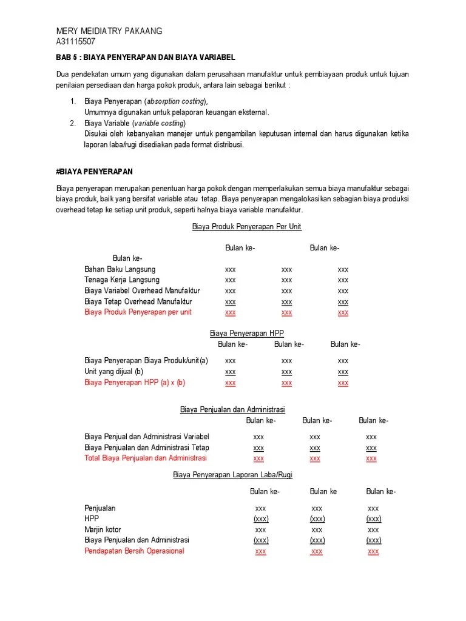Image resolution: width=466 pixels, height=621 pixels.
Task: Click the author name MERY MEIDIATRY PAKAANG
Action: tap(109, 32)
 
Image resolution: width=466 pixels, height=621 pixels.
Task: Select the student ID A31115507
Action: tap(75, 42)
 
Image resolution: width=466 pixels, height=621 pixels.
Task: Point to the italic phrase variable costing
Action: tap(156, 123)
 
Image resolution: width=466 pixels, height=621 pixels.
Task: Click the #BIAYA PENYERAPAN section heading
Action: tap(94, 172)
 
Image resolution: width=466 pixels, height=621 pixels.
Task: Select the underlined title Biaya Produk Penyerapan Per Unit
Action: tap(246, 227)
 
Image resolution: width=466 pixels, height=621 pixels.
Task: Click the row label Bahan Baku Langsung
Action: tap(120, 269)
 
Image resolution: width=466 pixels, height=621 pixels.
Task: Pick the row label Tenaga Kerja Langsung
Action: tap(122, 280)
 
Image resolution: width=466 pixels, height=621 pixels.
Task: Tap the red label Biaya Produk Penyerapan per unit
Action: tap(138, 312)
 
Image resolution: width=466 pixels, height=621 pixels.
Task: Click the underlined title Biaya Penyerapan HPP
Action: tap(246, 334)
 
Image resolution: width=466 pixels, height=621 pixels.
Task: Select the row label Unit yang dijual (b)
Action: tap(113, 371)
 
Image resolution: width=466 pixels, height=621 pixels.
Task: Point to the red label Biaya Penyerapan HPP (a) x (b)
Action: tap(135, 383)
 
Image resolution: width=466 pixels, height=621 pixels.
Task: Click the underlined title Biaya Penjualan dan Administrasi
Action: tap(232, 410)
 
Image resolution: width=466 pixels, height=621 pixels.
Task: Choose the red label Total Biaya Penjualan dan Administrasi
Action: tap(146, 458)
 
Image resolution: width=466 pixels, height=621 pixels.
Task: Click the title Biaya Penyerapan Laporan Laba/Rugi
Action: tap(232, 475)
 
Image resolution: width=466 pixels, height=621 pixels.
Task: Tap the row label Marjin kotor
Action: tap(103, 529)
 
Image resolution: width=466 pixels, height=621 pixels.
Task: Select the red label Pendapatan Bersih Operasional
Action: tap(134, 551)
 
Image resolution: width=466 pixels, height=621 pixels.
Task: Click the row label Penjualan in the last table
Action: tap(100, 508)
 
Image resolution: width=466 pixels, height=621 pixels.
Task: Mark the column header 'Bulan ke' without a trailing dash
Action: tap(323, 492)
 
